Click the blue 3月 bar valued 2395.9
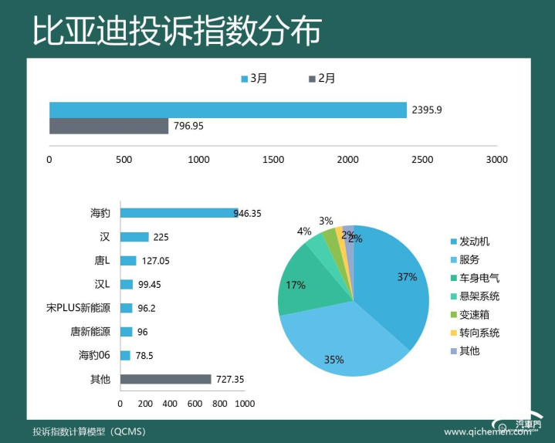[x=228, y=110]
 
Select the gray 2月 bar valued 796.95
[x=109, y=126]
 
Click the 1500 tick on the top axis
[x=273, y=160]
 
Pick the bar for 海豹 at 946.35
[x=178, y=213]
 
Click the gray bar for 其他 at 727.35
[x=165, y=379]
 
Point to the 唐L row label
[x=100, y=261]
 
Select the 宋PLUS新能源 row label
[x=79, y=308]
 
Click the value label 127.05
[x=156, y=261]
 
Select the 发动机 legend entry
[x=474, y=242]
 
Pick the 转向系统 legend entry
[x=479, y=333]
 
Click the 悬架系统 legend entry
[x=479, y=296]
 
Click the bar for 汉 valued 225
[x=134, y=237]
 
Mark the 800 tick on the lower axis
[x=220, y=404]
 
